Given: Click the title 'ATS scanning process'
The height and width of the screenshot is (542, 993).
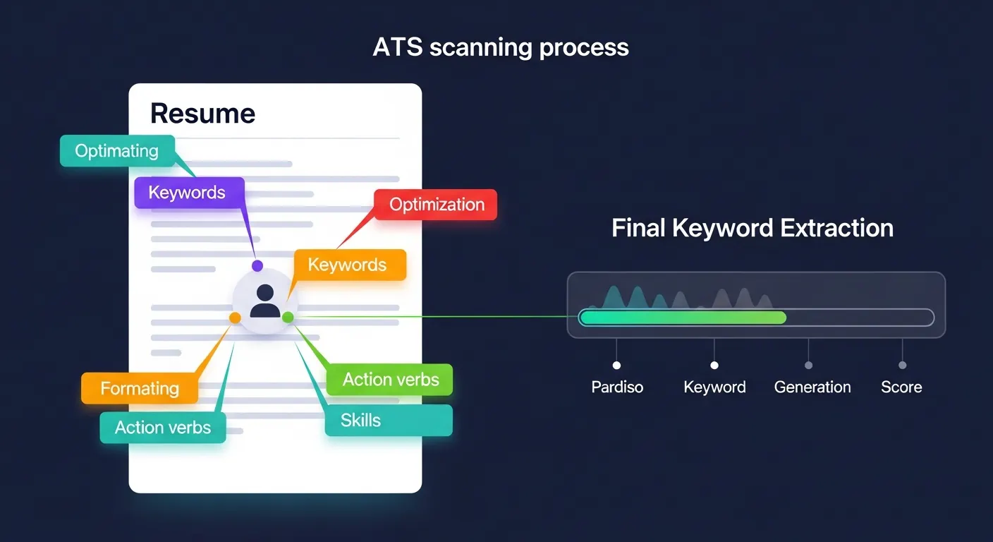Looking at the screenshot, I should click(x=500, y=47).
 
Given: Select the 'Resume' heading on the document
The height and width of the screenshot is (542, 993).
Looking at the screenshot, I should click(x=202, y=113).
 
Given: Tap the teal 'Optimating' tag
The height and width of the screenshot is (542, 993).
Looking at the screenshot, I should click(x=117, y=151).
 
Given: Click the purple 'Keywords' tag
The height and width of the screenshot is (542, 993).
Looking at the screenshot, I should click(x=188, y=193).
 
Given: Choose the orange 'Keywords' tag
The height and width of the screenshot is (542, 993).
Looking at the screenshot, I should click(x=348, y=265).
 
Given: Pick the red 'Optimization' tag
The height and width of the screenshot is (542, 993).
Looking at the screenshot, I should click(x=437, y=205).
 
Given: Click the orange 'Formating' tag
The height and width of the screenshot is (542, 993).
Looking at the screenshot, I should click(x=140, y=388).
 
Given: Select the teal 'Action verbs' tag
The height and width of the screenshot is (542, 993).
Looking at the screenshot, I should click(x=163, y=428).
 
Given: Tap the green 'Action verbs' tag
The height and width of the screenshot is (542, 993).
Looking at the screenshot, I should click(x=391, y=380).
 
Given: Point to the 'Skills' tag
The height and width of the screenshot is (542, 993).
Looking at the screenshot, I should click(x=360, y=421).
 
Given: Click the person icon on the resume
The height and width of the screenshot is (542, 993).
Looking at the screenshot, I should click(x=265, y=301).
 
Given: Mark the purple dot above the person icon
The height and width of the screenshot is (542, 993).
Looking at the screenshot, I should click(x=257, y=265).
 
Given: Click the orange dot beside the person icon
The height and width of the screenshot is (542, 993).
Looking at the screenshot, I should click(x=236, y=318).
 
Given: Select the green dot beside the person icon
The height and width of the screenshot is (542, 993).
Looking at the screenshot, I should click(x=288, y=318).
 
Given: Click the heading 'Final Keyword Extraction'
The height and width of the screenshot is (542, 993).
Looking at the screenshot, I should click(x=752, y=228).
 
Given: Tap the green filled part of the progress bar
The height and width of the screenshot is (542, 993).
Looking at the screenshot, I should click(x=682, y=318).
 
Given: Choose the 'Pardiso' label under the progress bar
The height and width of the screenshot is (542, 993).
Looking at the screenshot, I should click(x=617, y=387).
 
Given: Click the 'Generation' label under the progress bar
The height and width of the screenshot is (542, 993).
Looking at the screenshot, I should click(x=812, y=387).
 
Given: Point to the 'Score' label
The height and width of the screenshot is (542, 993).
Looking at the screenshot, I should click(x=901, y=387).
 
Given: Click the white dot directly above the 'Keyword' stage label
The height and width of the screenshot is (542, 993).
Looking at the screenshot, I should click(x=714, y=366).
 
